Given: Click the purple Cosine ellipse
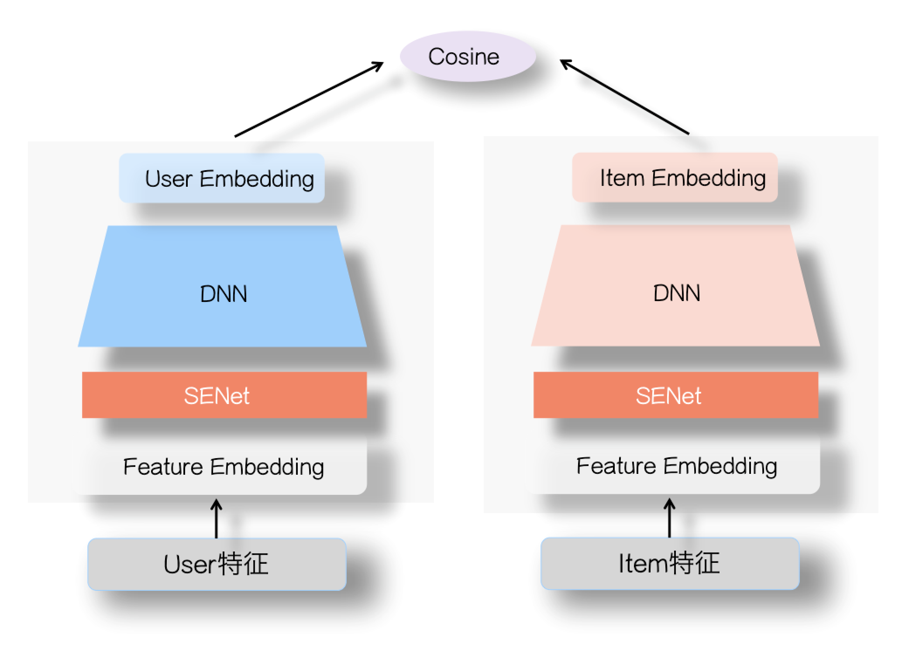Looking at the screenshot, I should tap(467, 56).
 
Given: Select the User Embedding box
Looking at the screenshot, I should tap(222, 178).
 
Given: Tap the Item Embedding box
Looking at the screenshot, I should tap(675, 177).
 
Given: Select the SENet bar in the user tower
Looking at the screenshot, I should tap(224, 395).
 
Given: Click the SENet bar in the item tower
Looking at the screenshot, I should tap(675, 395).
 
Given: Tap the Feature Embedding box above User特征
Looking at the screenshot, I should tap(223, 467).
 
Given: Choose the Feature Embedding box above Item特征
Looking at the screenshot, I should tap(676, 466).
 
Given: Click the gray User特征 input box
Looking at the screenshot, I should tap(217, 564).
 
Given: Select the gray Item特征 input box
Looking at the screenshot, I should tap(670, 563).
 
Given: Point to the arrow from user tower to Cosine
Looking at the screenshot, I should tap(309, 99).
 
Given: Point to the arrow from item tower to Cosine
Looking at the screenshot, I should tap(624, 97).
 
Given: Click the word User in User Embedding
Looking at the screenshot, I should tap(169, 179).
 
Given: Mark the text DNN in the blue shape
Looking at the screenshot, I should tap(224, 294).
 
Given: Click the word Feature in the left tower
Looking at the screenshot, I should tap(163, 467).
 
